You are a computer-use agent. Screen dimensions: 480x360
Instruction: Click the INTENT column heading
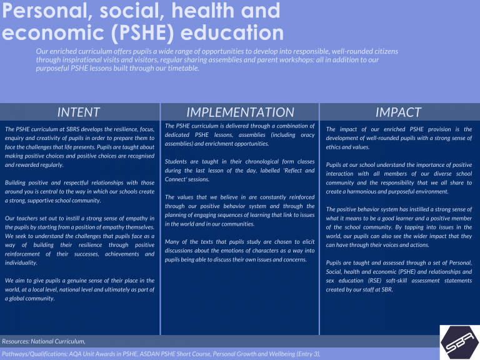tap(79, 112)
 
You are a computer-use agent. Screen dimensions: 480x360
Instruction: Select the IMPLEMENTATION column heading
tap(240, 112)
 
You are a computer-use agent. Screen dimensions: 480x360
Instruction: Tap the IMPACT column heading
tap(399, 112)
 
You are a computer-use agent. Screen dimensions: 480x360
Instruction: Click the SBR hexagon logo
tap(460, 342)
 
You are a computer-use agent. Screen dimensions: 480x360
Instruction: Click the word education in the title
tap(232, 32)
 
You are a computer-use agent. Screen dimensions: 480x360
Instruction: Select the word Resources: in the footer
tap(15, 341)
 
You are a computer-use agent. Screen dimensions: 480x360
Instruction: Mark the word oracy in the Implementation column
tap(307, 135)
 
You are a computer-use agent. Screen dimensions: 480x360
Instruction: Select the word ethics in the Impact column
tap(331, 147)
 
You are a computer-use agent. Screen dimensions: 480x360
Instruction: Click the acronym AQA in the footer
tap(74, 354)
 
